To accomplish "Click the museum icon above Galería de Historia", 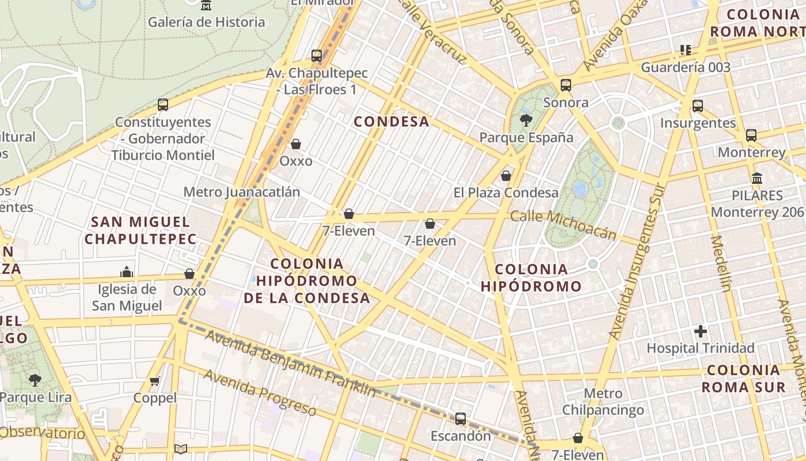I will [x=206, y=6].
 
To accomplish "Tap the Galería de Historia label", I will [x=206, y=22].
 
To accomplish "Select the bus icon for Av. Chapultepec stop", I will [x=317, y=56].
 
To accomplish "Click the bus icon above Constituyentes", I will [x=163, y=105].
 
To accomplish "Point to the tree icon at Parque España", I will [x=526, y=120].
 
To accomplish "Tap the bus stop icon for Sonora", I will [x=566, y=85].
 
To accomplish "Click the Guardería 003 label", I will [x=685, y=67].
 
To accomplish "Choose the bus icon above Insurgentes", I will [x=698, y=105].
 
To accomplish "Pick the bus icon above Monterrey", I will [x=751, y=135].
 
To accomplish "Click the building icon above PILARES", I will [x=757, y=178].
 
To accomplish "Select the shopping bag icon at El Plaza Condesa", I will [x=506, y=175].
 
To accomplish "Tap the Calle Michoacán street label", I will [x=563, y=225].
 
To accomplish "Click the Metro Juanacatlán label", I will [x=241, y=192].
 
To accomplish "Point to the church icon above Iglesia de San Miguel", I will [x=127, y=272].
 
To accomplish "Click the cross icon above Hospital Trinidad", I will [x=700, y=331].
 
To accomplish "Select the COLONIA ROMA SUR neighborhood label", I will [x=743, y=378].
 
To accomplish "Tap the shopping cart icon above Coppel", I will [x=155, y=381].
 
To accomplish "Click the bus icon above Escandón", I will [x=461, y=419].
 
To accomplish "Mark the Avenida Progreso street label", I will [x=260, y=392].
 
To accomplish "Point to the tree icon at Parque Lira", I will [x=35, y=380].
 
